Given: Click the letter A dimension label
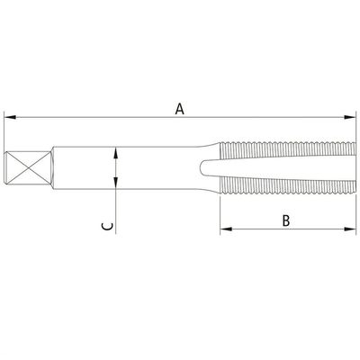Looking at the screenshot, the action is tap(179, 109).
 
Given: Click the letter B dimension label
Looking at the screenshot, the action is tap(286, 220).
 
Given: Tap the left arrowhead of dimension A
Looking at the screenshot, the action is tap(10, 117).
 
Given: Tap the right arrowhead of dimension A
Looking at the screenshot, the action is tap(349, 117).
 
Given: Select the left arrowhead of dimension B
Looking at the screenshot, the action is tap(226, 229).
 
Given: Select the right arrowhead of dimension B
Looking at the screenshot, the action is tap(349, 229).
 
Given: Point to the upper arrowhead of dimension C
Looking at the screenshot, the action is tap(116, 153).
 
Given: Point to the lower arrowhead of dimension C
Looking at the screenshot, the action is tap(116, 183).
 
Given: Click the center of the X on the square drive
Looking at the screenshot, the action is tap(28, 167).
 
